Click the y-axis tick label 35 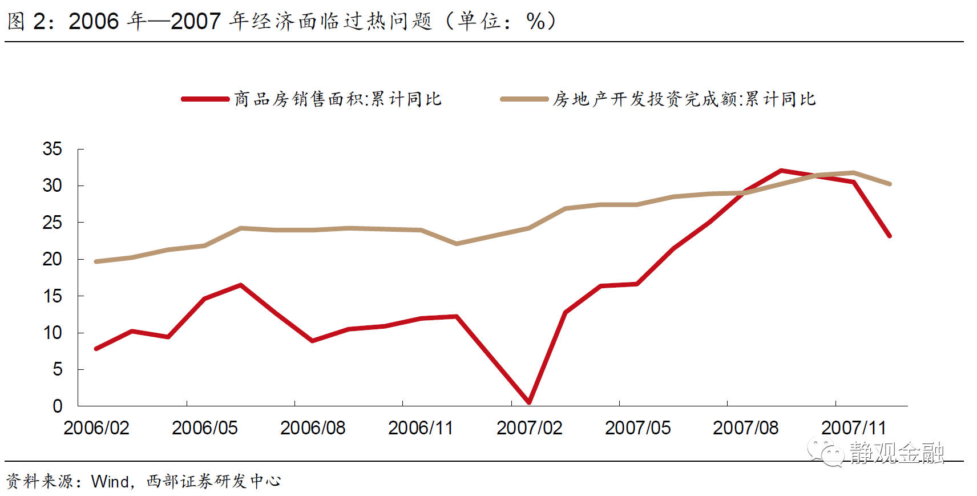[52, 149]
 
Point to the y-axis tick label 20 [52, 260]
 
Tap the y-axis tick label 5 [58, 370]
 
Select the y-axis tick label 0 [58, 406]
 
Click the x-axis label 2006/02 [96, 429]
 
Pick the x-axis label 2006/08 [313, 429]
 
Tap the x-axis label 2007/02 [529, 429]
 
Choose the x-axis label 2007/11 [854, 429]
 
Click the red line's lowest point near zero [529, 402]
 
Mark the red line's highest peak [781, 171]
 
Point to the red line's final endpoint [889, 236]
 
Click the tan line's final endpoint [889, 184]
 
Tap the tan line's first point [96, 262]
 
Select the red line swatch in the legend [205, 99]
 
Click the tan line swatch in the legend [524, 99]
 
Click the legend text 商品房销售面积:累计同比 [338, 99]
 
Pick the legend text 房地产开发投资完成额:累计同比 [684, 99]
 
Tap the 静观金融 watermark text [897, 453]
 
